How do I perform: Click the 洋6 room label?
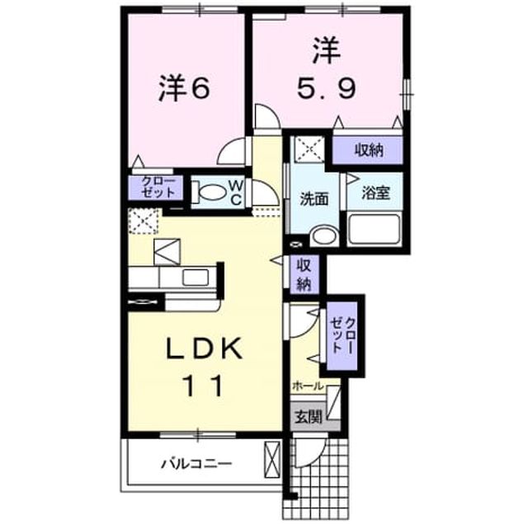click(x=185, y=88)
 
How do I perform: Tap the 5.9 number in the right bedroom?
click(x=326, y=89)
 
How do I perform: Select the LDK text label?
click(x=205, y=349)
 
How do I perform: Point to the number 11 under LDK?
click(x=204, y=386)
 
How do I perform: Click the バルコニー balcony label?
click(x=196, y=465)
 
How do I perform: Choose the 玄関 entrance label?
click(x=309, y=417)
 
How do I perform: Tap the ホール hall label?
click(x=308, y=386)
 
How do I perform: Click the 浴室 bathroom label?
click(x=375, y=193)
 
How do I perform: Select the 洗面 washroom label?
click(x=314, y=199)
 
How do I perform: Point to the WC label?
click(x=236, y=192)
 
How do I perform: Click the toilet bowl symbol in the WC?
click(x=210, y=193)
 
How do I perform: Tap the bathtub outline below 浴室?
click(x=375, y=229)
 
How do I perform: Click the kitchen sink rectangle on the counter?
click(x=196, y=278)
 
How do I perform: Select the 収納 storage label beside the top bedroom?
click(x=369, y=150)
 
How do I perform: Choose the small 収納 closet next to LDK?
click(x=304, y=274)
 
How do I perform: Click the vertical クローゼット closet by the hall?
click(x=342, y=335)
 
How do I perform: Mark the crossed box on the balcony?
click(x=272, y=459)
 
